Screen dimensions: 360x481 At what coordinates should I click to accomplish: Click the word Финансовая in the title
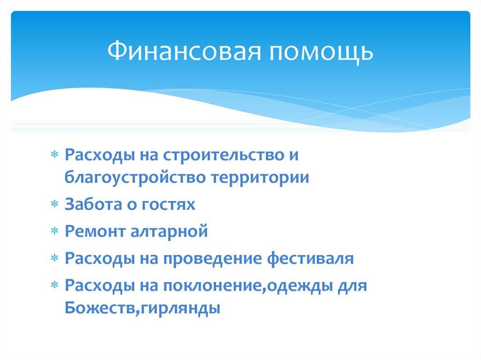(x=184, y=52)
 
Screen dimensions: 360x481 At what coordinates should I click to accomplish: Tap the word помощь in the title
(x=321, y=52)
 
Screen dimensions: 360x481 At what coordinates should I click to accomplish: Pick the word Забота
(x=93, y=205)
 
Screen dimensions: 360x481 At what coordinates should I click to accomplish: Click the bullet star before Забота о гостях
(x=55, y=205)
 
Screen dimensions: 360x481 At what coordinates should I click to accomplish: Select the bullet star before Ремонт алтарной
(x=55, y=232)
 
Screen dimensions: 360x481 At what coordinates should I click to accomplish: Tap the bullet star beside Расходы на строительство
(x=55, y=156)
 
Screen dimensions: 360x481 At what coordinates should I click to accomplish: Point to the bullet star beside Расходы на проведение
(x=55, y=258)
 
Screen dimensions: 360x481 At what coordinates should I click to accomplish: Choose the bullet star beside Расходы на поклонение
(x=55, y=285)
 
